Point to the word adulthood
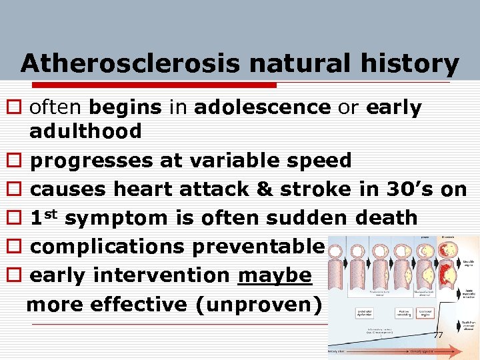tap(85, 131)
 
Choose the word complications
tap(107, 247)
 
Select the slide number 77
tap(438, 334)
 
